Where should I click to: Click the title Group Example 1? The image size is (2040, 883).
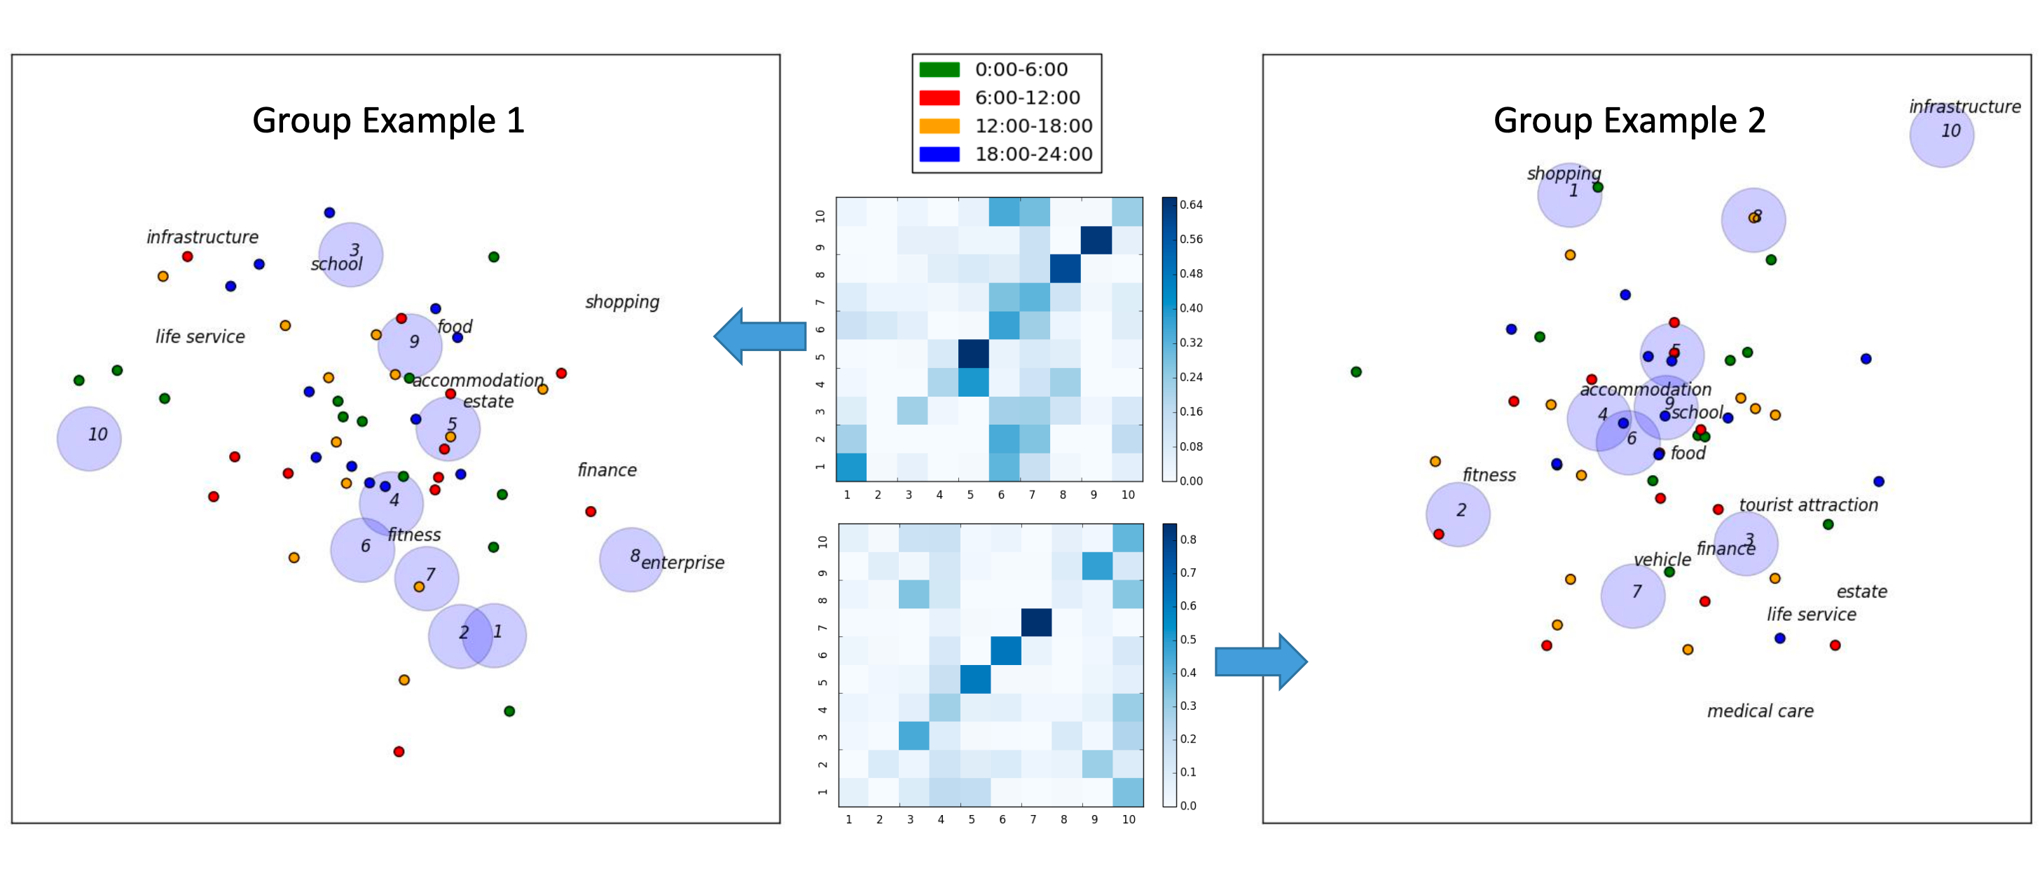coord(388,121)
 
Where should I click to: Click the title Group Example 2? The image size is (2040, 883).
coord(1629,121)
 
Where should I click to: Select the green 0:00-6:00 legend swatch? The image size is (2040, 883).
coord(939,69)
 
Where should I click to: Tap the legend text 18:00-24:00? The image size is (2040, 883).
coord(1033,154)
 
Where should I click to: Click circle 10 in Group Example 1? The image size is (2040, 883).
coord(90,439)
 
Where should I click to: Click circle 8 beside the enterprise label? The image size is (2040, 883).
coord(631,559)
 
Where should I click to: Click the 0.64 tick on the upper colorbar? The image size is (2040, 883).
coord(1190,205)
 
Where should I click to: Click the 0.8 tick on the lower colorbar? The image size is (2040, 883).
coord(1188,540)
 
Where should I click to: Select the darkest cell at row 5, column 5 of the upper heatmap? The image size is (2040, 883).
coord(973,354)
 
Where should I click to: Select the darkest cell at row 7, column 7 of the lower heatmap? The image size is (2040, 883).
coord(1036,622)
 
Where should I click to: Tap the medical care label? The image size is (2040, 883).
coord(1760,711)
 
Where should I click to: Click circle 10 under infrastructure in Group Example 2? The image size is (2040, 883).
coord(1941,135)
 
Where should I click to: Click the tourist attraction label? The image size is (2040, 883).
coord(1808,505)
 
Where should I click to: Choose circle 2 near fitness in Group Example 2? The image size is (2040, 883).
coord(1457,514)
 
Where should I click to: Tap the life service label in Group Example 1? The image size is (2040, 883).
coord(200,336)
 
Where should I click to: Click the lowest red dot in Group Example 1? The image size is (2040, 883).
coord(399,751)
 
